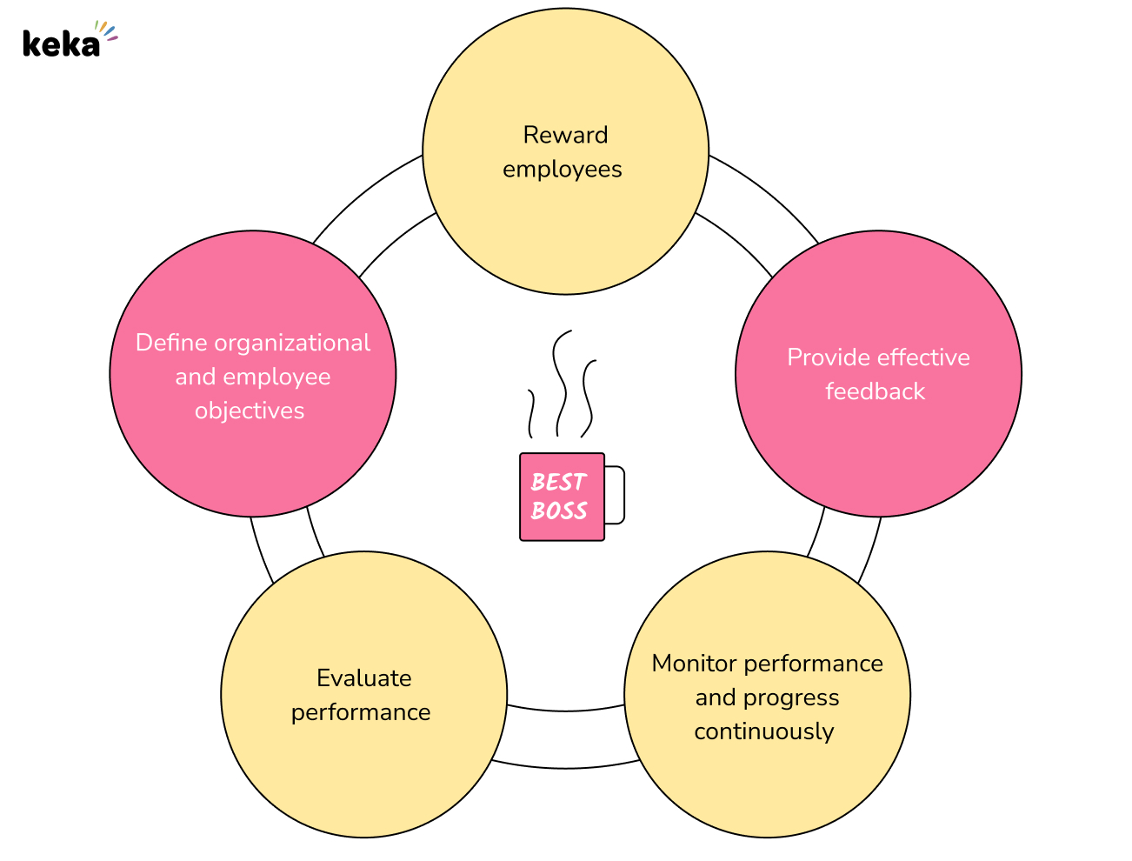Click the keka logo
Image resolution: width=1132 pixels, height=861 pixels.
[63, 43]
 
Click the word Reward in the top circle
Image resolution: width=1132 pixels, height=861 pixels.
[565, 135]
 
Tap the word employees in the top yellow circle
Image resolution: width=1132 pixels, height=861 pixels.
[562, 169]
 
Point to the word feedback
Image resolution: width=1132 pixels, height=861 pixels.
[875, 391]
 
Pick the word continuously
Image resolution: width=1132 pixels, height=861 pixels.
[763, 731]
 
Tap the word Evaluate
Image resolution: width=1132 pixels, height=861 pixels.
[363, 678]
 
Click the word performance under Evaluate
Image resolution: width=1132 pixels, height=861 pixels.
[360, 712]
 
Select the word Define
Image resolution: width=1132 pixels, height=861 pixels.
[171, 343]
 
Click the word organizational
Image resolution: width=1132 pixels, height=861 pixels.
[292, 343]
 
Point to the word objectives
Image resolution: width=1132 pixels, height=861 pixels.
[250, 410]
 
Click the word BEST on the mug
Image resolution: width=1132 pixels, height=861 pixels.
[558, 482]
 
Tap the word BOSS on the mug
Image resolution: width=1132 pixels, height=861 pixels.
[559, 511]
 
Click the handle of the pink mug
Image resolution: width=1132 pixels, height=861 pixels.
[616, 495]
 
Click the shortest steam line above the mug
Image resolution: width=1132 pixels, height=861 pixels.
[529, 413]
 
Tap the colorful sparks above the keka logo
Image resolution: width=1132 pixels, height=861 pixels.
[106, 30]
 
